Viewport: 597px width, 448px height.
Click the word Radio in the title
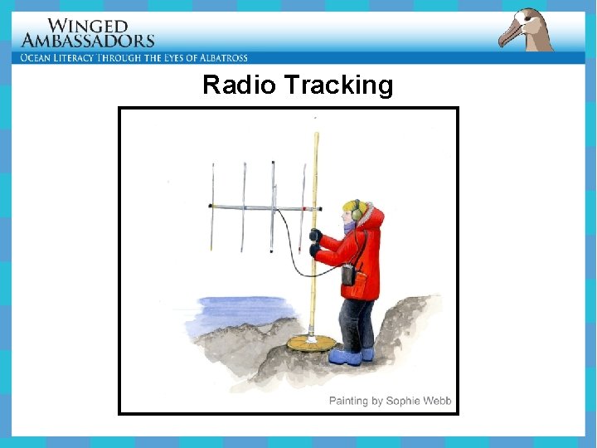pyautogui.click(x=237, y=85)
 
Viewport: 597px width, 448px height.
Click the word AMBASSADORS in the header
pyautogui.click(x=88, y=41)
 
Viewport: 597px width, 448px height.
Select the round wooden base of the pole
pyautogui.click(x=312, y=343)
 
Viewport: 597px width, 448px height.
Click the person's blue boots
pyautogui.click(x=348, y=356)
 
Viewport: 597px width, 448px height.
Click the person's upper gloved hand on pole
pyautogui.click(x=316, y=235)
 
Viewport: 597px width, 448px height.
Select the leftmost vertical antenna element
pyautogui.click(x=212, y=207)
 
